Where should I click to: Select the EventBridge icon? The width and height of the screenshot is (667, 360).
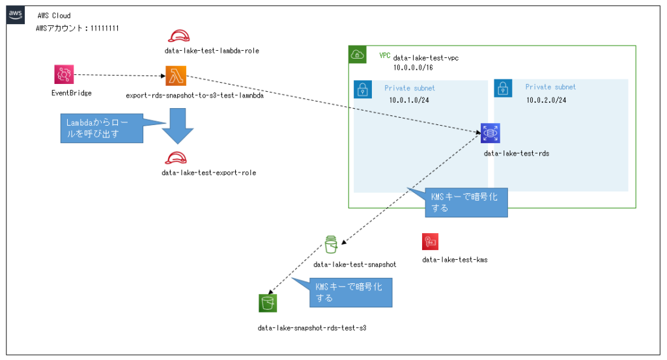(x=64, y=75)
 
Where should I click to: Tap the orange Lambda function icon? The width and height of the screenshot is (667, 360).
(x=175, y=76)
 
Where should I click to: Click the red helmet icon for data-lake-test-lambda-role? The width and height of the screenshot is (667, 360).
(x=177, y=36)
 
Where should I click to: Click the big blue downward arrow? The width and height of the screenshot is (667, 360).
(x=177, y=124)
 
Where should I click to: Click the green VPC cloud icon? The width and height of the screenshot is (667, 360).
(x=358, y=55)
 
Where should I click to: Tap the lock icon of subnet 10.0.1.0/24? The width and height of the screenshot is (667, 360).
(x=362, y=89)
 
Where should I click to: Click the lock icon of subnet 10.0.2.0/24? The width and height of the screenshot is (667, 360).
(x=503, y=89)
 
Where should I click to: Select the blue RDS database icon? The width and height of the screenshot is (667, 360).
(x=489, y=133)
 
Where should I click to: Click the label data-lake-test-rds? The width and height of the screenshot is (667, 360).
(x=511, y=154)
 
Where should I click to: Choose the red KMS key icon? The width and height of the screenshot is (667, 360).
(x=431, y=242)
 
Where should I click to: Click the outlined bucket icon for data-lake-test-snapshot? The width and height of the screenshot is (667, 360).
(x=331, y=245)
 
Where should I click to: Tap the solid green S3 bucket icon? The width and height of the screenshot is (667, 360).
(x=268, y=303)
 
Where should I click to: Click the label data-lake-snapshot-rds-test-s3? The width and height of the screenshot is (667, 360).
(x=312, y=327)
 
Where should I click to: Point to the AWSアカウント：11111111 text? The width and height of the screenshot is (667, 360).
(x=77, y=29)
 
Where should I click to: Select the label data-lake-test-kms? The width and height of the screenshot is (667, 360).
(x=455, y=260)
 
